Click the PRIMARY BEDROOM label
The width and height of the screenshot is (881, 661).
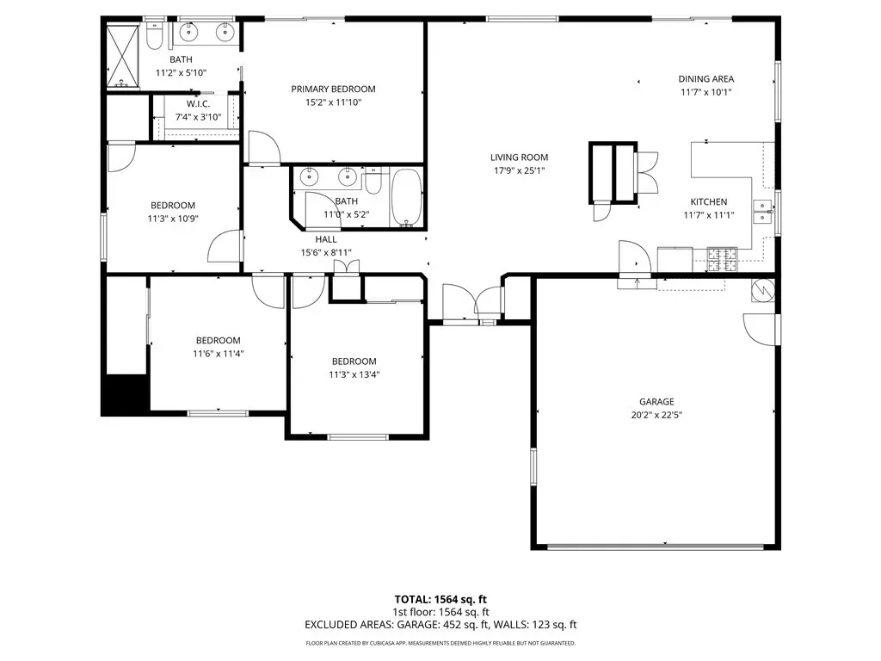pyautogui.click(x=333, y=89)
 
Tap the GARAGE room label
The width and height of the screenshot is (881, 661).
pyautogui.click(x=656, y=402)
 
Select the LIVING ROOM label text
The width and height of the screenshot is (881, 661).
pyautogui.click(x=519, y=158)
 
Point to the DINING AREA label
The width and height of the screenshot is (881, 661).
pyautogui.click(x=706, y=79)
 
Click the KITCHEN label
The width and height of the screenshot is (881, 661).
pyautogui.click(x=709, y=201)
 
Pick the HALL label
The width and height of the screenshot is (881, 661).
pyautogui.click(x=326, y=239)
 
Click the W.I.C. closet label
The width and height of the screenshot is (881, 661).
pyautogui.click(x=199, y=104)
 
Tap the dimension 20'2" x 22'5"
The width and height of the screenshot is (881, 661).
pyautogui.click(x=656, y=416)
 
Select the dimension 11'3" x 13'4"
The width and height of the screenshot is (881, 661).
pyautogui.click(x=354, y=375)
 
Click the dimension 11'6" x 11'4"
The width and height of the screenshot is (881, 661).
pyautogui.click(x=218, y=354)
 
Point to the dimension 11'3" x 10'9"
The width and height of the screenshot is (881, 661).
pyautogui.click(x=173, y=219)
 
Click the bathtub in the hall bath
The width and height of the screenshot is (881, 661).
pyautogui.click(x=406, y=197)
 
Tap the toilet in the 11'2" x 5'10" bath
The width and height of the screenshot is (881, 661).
pyautogui.click(x=154, y=34)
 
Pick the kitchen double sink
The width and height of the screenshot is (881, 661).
pyautogui.click(x=763, y=212)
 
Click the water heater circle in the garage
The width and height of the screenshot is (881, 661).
pyautogui.click(x=763, y=290)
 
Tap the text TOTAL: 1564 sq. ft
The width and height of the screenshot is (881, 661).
pyautogui.click(x=440, y=599)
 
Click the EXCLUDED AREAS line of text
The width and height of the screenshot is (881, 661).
pyautogui.click(x=440, y=625)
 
